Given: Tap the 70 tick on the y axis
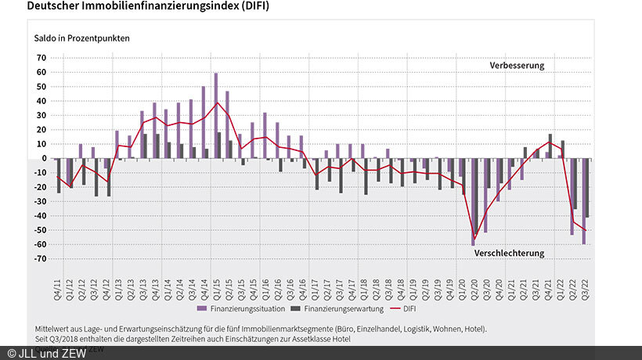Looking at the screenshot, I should pyautogui.click(x=41, y=58).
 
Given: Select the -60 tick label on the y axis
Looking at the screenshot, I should pyautogui.click(x=40, y=244).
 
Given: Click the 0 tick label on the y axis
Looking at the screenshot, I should pyautogui.click(x=44, y=158).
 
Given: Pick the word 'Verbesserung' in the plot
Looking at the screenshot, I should pyautogui.click(x=517, y=66).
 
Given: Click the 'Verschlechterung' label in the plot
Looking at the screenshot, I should pyautogui.click(x=509, y=254).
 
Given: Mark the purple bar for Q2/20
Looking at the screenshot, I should pyautogui.click(x=473, y=202).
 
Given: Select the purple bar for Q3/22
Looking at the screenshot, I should pyautogui.click(x=583, y=201).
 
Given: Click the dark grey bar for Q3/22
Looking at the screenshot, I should pyautogui.click(x=588, y=188).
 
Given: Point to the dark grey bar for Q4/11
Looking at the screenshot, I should pyautogui.click(x=59, y=175).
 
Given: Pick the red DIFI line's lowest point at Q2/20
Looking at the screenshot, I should pyautogui.click(x=474, y=240).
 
